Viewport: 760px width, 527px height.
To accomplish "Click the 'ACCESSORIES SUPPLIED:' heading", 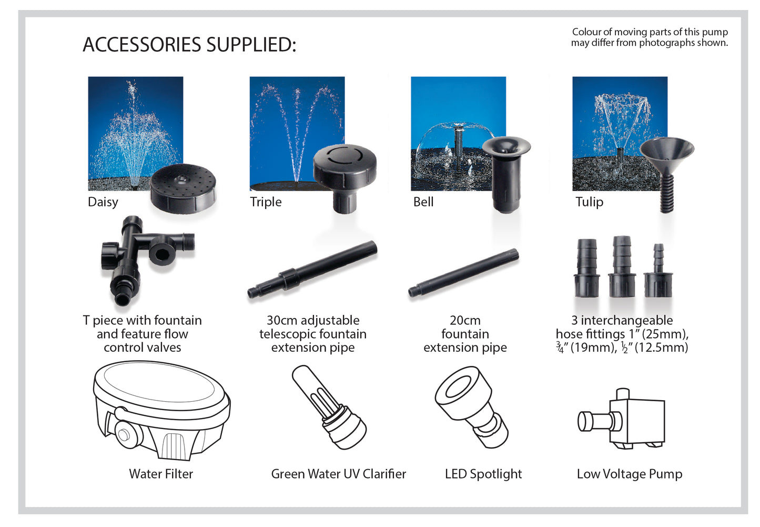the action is click(189, 44).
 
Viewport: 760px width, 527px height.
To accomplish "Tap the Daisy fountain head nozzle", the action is click(183, 189).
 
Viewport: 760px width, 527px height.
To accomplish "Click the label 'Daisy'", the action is click(103, 202).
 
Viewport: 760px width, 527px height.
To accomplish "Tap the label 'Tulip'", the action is click(590, 202).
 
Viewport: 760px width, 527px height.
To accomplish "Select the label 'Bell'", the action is click(423, 202).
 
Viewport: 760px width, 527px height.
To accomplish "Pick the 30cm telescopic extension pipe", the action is click(312, 269).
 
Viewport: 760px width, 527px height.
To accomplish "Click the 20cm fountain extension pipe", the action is click(463, 273).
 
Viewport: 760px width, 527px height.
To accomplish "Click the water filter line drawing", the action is click(161, 410).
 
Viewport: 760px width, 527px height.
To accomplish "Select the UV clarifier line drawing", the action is click(328, 407).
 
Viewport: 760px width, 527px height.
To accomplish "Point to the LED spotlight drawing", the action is click(472, 406).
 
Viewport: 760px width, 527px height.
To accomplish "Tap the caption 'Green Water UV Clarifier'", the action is click(338, 474).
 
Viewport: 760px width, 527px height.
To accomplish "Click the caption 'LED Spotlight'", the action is click(483, 474).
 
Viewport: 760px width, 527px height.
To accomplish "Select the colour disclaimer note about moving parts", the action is click(650, 37).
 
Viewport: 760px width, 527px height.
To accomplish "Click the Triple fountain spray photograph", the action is click(297, 133).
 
